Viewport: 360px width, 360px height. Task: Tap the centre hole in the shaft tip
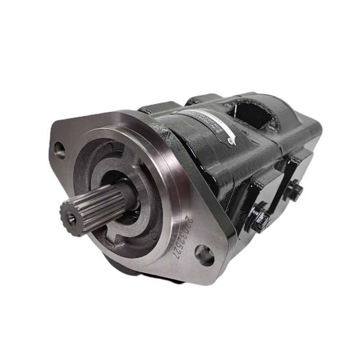[71, 218]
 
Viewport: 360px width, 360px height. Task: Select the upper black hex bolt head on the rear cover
[293, 189]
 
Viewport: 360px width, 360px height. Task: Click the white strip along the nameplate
[211, 126]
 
